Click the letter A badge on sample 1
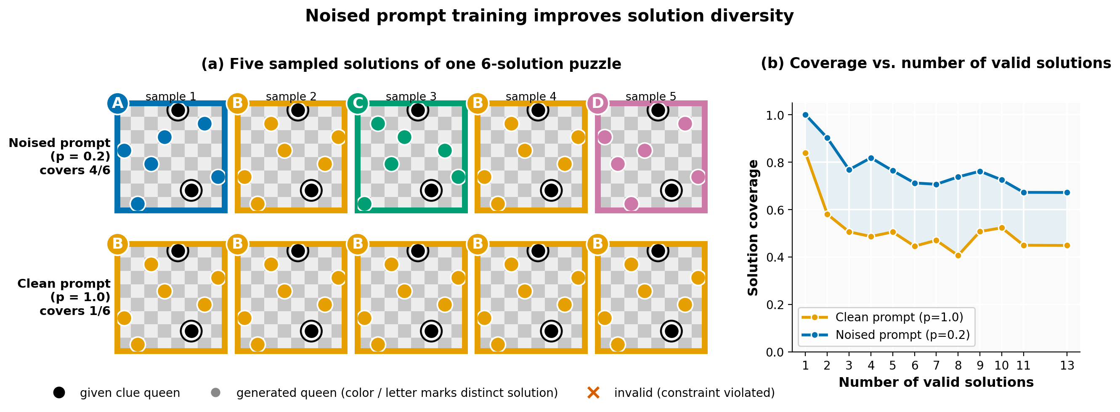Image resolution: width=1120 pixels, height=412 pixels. [117, 103]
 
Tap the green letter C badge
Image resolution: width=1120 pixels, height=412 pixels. [357, 103]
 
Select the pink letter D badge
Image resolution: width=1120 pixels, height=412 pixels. [597, 103]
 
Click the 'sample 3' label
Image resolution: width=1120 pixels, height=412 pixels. [411, 96]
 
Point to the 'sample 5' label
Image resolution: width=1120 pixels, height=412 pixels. [651, 96]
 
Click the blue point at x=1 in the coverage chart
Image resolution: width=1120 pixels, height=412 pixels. [805, 115]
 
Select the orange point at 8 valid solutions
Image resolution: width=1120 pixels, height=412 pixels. [958, 255]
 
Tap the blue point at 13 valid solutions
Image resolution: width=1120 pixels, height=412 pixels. [1067, 192]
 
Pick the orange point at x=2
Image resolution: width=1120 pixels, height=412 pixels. [827, 215]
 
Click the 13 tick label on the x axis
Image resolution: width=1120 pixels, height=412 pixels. [1067, 365]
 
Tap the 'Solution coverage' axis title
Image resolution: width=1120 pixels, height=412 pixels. [753, 228]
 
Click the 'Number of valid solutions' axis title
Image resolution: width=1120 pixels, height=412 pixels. [936, 383]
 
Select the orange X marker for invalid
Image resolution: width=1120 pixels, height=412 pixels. [594, 393]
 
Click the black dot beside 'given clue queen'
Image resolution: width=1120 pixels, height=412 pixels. [59, 393]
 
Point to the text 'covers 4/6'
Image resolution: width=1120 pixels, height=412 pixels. [75, 170]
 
